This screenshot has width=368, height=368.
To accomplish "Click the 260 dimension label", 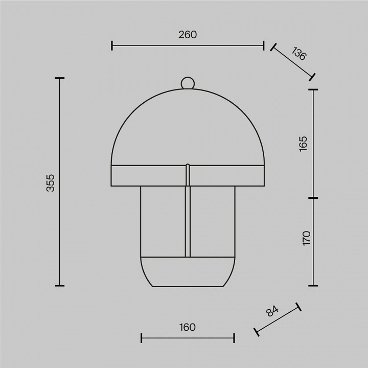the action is (188, 35).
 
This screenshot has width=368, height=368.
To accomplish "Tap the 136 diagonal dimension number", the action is (299, 54).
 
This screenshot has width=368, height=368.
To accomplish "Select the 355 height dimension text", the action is (50, 183).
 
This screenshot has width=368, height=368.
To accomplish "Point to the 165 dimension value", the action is (303, 144).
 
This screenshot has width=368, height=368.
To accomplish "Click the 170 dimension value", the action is (307, 238).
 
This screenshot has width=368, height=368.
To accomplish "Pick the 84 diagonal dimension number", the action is (272, 311).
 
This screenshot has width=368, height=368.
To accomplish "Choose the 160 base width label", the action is (187, 327).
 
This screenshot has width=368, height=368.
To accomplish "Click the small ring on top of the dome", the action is (188, 83).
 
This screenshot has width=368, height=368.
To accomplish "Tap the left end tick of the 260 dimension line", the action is (112, 45).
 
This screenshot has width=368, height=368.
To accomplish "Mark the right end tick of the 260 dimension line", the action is (264, 45).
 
